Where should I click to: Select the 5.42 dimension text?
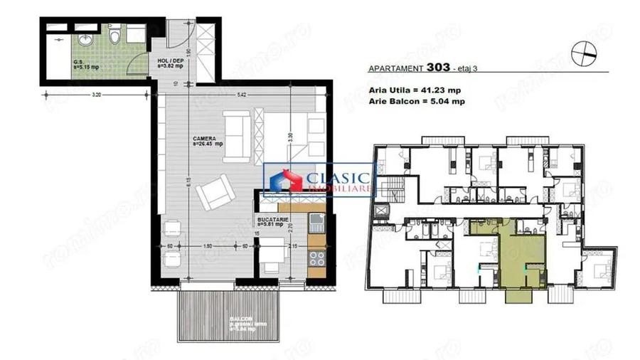[242, 95]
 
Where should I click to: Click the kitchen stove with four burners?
[317, 260]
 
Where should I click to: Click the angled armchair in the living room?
[213, 192]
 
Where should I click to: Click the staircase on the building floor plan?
[391, 191]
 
